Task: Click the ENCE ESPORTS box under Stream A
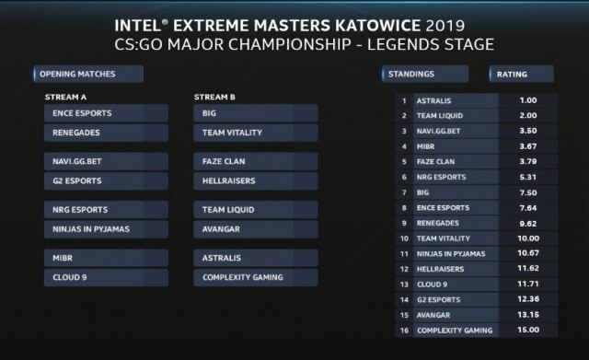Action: pyautogui.click(x=106, y=113)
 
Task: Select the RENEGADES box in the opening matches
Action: pyautogui.click(x=106, y=133)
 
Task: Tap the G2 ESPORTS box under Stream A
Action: pyautogui.click(x=106, y=180)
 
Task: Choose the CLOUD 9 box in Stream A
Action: pyautogui.click(x=106, y=277)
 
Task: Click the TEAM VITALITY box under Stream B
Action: pyautogui.click(x=256, y=133)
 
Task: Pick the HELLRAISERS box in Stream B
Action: pyautogui.click(x=256, y=180)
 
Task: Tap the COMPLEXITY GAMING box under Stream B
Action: pyautogui.click(x=256, y=277)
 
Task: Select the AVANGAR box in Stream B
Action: pyautogui.click(x=256, y=229)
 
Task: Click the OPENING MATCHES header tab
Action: pyautogui.click(x=88, y=74)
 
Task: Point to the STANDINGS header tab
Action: pyautogui.click(x=425, y=74)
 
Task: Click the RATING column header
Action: pyautogui.click(x=522, y=74)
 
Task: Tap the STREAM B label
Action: pyautogui.click(x=214, y=97)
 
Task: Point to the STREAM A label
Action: pyautogui.click(x=65, y=97)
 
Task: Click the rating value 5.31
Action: pyautogui.click(x=528, y=177)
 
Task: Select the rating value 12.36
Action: pyautogui.click(x=528, y=299)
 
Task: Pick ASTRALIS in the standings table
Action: pyautogui.click(x=433, y=100)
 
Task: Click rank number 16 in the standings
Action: pyautogui.click(x=404, y=331)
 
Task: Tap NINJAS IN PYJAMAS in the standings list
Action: pyautogui.click(x=451, y=253)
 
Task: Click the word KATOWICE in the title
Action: pyautogui.click(x=377, y=26)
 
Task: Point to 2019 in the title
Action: pyautogui.click(x=445, y=26)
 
